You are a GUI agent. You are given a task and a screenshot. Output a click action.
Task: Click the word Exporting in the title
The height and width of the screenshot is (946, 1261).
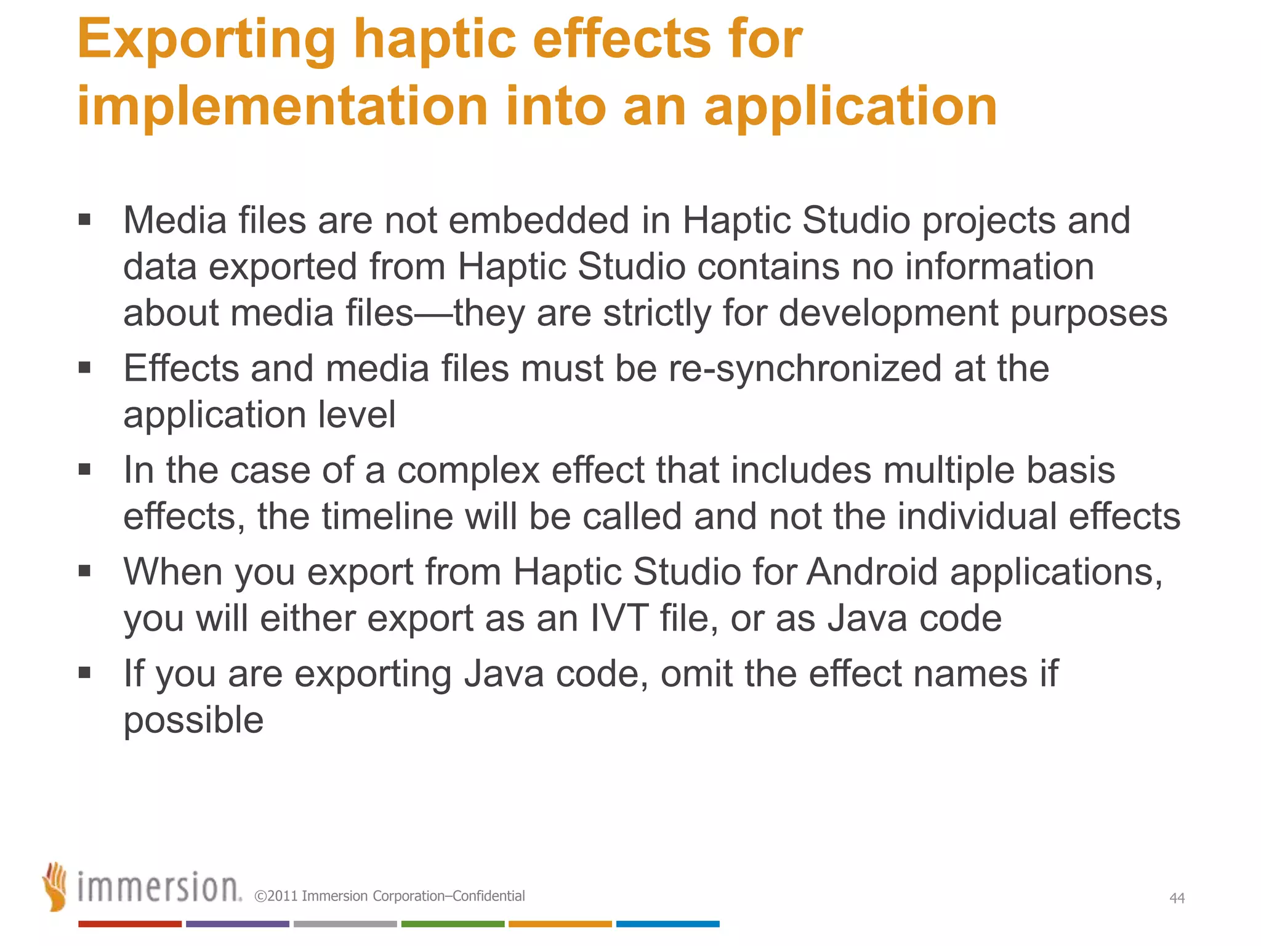206,41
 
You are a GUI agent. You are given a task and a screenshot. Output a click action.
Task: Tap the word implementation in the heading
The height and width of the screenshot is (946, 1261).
282,106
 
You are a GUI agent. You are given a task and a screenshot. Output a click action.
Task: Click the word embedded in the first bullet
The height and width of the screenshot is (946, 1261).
539,220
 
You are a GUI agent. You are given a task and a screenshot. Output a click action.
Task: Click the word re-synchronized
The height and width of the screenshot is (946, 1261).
805,368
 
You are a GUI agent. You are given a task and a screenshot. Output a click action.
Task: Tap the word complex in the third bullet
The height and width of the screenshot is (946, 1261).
469,471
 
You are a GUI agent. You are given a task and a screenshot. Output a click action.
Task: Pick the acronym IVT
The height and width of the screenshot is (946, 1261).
619,618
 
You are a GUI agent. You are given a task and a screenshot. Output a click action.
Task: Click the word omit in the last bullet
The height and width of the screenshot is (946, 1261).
696,673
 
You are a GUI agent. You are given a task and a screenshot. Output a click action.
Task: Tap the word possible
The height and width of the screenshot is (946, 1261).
193,720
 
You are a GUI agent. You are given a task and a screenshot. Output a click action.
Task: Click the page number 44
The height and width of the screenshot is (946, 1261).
1177,898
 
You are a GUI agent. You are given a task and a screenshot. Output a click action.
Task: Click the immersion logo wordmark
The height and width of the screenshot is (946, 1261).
159,887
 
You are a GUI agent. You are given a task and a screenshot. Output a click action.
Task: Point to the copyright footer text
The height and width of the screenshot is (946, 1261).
390,896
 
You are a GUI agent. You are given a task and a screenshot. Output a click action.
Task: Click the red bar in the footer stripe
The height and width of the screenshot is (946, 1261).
129,924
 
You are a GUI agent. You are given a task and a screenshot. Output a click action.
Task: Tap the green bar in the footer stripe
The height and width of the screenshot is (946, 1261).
453,924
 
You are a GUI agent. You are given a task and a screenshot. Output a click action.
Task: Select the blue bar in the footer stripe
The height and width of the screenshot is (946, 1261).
667,924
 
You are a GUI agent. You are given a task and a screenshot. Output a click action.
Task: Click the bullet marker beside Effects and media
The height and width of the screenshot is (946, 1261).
85,368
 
